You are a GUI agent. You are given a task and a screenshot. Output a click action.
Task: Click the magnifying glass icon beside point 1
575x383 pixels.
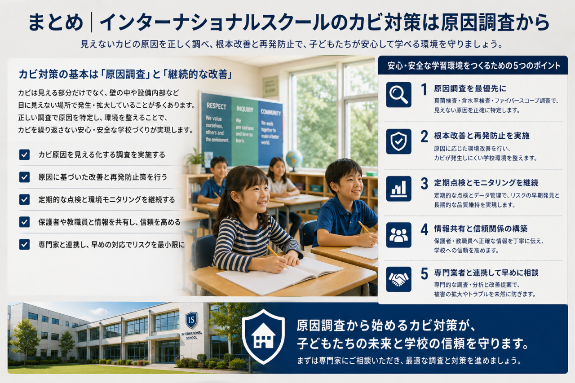pos(398,95)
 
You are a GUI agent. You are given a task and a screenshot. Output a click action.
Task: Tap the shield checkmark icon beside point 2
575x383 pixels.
pos(398,141)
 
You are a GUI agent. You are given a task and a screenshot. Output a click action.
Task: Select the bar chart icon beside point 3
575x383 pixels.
pos(398,189)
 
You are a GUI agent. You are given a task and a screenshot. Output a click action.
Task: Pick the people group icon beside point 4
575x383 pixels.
pos(398,235)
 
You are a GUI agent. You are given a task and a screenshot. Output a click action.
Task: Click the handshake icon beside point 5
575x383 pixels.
pos(398,279)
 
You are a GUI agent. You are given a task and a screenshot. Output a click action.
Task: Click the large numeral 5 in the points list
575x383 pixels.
pos(425,273)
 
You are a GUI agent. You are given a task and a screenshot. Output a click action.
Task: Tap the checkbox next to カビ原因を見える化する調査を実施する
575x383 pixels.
pos(24,155)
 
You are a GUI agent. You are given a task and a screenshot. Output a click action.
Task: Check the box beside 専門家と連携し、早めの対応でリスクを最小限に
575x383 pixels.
pos(24,244)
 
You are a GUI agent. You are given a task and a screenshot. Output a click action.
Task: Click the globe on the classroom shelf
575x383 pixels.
pos(294,159)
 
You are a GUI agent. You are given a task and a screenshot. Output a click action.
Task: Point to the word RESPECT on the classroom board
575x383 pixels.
pos(216,106)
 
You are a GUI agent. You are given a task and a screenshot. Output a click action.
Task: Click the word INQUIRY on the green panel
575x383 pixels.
pos(245,109)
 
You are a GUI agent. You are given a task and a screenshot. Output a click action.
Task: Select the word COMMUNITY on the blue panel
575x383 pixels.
pos(270,112)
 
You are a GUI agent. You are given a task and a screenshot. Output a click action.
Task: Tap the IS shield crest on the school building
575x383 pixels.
pos(191,320)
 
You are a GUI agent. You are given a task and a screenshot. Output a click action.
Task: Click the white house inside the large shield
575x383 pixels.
pos(263,336)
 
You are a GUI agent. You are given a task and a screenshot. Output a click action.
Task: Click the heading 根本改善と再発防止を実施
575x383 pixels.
pos(482,136)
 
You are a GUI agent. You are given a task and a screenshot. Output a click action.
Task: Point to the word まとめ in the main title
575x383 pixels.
pos(56,22)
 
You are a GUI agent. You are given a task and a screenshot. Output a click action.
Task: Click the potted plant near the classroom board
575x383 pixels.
pos(195,161)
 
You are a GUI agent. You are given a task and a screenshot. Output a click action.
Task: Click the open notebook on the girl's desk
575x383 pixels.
pos(280,275)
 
